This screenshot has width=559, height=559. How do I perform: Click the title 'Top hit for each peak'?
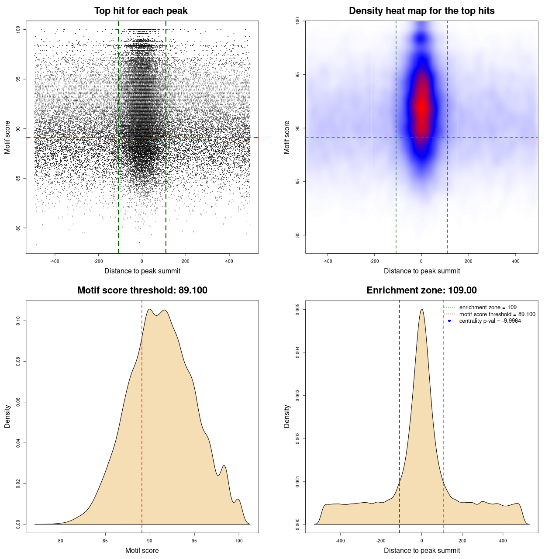click(x=141, y=11)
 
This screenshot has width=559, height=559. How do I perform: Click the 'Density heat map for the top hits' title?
click(x=421, y=11)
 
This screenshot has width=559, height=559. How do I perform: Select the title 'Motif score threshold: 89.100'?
click(x=142, y=290)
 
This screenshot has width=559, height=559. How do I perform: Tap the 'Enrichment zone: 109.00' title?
click(x=421, y=290)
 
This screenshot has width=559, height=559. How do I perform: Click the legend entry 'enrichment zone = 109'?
click(x=487, y=307)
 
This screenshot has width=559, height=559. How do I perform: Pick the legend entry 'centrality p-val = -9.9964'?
click(x=490, y=321)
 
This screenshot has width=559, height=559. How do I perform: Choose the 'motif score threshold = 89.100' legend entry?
click(x=497, y=314)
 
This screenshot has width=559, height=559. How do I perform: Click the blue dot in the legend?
click(x=449, y=321)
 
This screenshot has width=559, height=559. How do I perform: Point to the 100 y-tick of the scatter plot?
click(x=18, y=29)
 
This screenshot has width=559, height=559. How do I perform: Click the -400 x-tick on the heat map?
click(x=328, y=261)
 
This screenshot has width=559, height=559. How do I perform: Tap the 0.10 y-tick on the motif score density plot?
click(x=18, y=321)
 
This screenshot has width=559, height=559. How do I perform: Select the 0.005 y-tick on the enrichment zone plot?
click(x=298, y=310)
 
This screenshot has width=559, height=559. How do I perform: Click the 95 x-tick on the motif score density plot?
click(x=194, y=541)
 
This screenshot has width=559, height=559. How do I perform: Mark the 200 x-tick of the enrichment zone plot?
click(x=462, y=541)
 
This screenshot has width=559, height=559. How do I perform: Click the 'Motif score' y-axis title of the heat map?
click(x=287, y=137)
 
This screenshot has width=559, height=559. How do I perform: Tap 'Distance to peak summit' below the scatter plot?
click(x=142, y=271)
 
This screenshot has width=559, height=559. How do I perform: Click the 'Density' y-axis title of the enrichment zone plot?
click(x=287, y=416)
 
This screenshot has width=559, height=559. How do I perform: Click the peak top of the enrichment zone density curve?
click(x=421, y=309)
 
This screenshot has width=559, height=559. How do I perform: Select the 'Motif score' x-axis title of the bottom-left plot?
click(x=142, y=550)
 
